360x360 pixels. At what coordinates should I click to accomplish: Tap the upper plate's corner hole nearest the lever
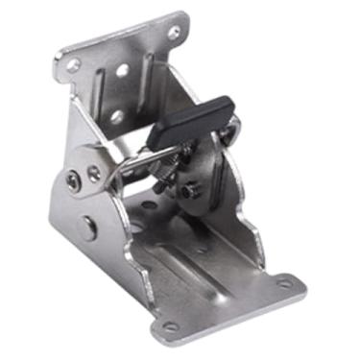point(174,32)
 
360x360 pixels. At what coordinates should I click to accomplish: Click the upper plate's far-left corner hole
point(73,65)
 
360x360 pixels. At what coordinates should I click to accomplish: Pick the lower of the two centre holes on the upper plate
point(117,115)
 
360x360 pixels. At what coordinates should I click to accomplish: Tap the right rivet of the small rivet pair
point(94,173)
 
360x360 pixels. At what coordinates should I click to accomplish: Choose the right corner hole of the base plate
point(284,282)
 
